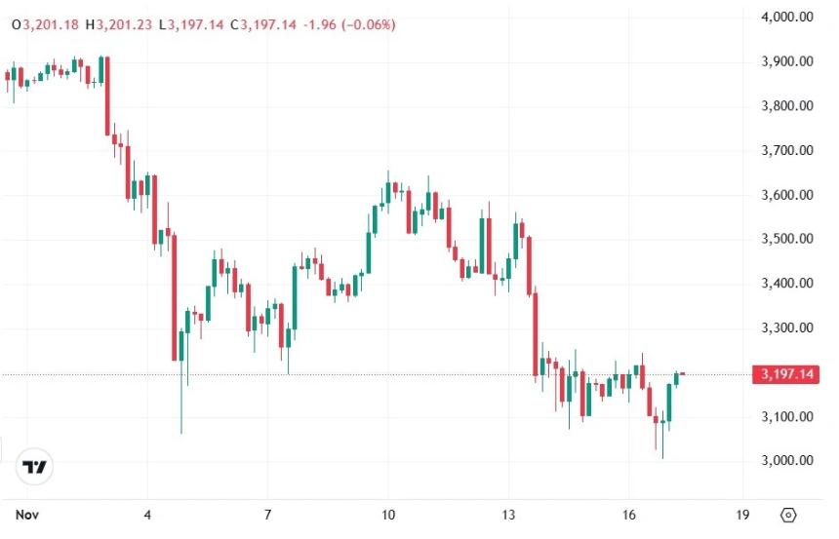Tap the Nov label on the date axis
27,514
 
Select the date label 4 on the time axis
147,514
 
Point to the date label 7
267,514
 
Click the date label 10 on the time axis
387,514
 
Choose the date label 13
508,514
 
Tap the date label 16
628,514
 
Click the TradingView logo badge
35,468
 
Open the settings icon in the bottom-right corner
789,514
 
